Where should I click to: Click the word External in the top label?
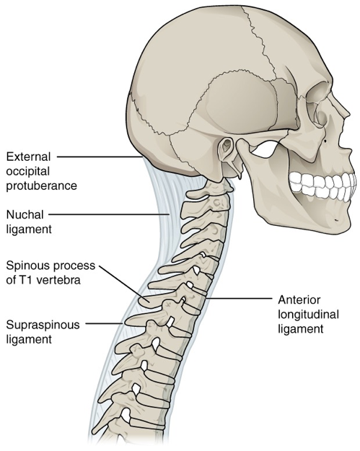[x=28, y=157]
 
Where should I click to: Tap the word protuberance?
[x=42, y=185]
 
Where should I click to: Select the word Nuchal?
[x=25, y=214]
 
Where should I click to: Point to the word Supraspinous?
[x=43, y=325]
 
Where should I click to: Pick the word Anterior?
[x=299, y=300]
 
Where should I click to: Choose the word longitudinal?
[x=308, y=315]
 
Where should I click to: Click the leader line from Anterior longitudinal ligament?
[x=240, y=298]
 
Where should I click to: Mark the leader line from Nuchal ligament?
[x=109, y=214]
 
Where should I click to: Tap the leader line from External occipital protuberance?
[x=100, y=157]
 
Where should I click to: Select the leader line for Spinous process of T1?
[x=125, y=284]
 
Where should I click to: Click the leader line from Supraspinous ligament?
[x=104, y=323]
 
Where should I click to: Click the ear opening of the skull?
[x=228, y=143]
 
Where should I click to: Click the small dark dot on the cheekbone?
[x=325, y=141]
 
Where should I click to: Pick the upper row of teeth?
[x=322, y=180]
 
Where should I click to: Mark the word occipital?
[x=28, y=172]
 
